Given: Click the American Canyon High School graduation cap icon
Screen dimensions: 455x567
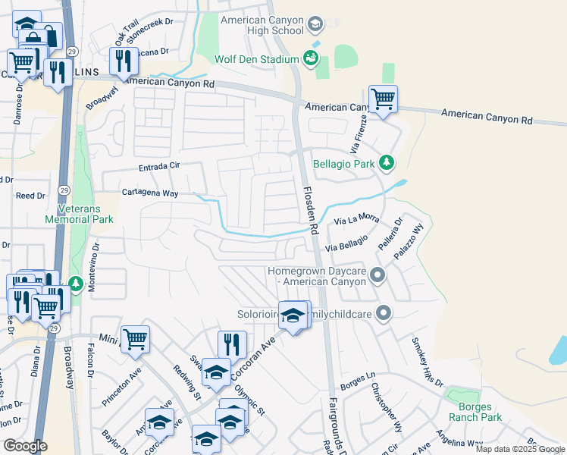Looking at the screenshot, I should [x=314, y=26].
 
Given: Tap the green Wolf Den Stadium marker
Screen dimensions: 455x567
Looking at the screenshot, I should [x=310, y=58].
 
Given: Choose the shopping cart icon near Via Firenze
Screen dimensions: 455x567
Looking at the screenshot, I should [x=383, y=99].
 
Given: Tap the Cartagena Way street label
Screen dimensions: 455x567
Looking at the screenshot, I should [x=150, y=193].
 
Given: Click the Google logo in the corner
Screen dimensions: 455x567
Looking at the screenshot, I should [x=25, y=446].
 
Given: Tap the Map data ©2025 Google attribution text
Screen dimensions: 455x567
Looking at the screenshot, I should [x=520, y=449].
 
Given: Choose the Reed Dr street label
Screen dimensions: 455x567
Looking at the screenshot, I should [x=30, y=196].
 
